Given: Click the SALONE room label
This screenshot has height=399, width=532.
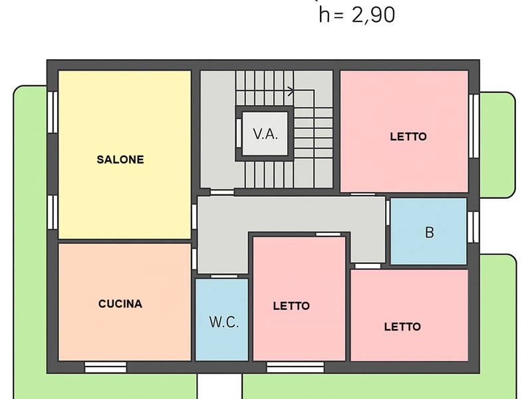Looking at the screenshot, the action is [120, 160].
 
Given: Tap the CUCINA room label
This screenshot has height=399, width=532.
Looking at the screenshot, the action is [120, 304].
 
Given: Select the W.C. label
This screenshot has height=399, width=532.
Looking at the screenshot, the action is [224, 322].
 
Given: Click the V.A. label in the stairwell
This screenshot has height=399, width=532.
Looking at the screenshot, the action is [265, 134].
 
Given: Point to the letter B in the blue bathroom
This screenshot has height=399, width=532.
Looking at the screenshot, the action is [429, 232].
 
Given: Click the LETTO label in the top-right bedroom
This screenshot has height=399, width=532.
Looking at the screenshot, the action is [408, 137].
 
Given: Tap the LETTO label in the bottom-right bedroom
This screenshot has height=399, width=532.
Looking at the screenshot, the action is [402, 327].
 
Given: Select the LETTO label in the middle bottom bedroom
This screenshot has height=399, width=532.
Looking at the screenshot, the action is [291, 306].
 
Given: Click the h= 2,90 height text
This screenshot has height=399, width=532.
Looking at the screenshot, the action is [357, 15].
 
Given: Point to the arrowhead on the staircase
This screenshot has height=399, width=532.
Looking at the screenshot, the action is [291, 91].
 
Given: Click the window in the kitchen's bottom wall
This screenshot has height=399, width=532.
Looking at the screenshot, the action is [106, 367].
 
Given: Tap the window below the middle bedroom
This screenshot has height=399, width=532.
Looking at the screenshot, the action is [295, 367].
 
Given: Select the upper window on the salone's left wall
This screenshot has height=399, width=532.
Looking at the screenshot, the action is [53, 112].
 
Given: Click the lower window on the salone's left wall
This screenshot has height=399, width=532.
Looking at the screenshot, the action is [53, 212].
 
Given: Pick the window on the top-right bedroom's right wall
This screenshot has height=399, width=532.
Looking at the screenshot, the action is [474, 126].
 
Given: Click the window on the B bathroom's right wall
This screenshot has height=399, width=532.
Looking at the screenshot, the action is [473, 227].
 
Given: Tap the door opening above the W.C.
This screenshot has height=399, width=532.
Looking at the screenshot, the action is [224, 277].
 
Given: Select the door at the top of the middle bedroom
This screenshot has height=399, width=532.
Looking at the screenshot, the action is [328, 235].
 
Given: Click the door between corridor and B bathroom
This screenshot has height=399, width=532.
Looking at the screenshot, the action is [388, 213].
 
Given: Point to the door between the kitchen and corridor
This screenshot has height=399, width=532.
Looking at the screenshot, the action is [194, 259].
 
